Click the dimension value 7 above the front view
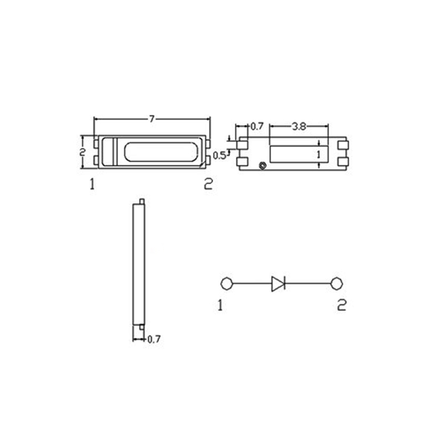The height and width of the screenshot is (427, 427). click(x=152, y=120)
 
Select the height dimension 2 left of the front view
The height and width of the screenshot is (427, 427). click(x=82, y=152)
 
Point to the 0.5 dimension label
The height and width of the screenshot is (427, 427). click(x=219, y=155)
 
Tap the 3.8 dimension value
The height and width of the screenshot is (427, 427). click(x=299, y=126)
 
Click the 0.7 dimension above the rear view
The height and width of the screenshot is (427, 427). click(x=257, y=126)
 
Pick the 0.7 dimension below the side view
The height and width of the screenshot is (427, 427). click(x=154, y=339)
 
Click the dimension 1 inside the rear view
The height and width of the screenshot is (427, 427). click(x=319, y=154)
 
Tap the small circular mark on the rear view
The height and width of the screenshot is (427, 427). click(x=262, y=165)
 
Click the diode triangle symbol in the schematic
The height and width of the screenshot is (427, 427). click(x=278, y=283)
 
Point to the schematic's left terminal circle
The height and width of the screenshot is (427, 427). click(x=226, y=283)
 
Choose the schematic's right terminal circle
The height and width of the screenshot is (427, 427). click(x=336, y=283)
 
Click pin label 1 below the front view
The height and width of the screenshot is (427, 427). click(x=92, y=185)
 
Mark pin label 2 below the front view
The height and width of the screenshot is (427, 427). click(x=208, y=185)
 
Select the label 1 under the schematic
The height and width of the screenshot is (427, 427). click(x=220, y=305)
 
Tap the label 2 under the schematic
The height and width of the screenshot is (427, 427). click(x=342, y=305)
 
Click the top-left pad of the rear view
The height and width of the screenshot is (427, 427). click(x=243, y=145)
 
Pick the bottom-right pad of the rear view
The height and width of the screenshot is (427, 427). click(x=343, y=162)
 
